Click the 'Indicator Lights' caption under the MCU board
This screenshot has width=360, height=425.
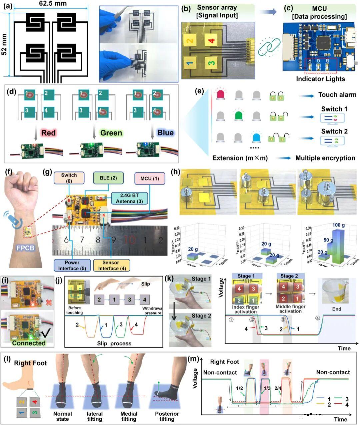pos(320,79)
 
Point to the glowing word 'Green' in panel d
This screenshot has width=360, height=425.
pos(111,133)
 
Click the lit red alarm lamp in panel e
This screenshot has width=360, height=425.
pos(221,95)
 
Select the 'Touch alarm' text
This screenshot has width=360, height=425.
pos(337,95)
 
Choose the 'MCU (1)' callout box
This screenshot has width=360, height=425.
pos(149,178)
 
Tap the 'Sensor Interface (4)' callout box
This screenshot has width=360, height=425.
pos(111,266)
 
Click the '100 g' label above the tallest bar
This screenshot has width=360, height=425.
pos(338,225)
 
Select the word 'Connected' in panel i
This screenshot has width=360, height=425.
pos(29,343)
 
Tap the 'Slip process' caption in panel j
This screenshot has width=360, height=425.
pos(116,343)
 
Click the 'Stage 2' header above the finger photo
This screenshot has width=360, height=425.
pos(289,276)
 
